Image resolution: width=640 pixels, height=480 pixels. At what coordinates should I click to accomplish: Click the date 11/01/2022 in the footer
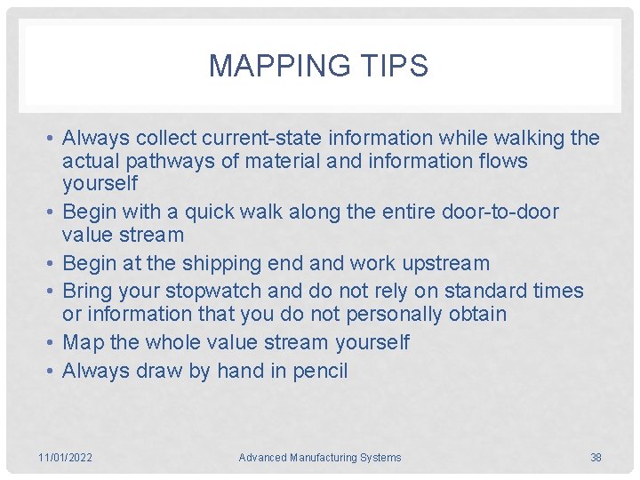pos(65,458)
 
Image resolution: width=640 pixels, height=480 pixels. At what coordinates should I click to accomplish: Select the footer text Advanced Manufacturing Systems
pos(320,458)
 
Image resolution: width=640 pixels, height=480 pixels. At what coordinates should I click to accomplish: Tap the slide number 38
pos(596,458)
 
